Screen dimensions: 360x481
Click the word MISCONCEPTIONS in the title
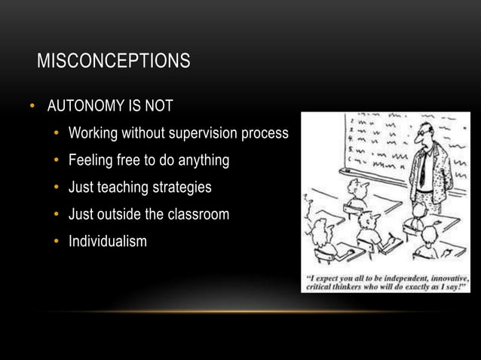pos(113,61)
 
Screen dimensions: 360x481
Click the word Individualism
pos(107,241)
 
